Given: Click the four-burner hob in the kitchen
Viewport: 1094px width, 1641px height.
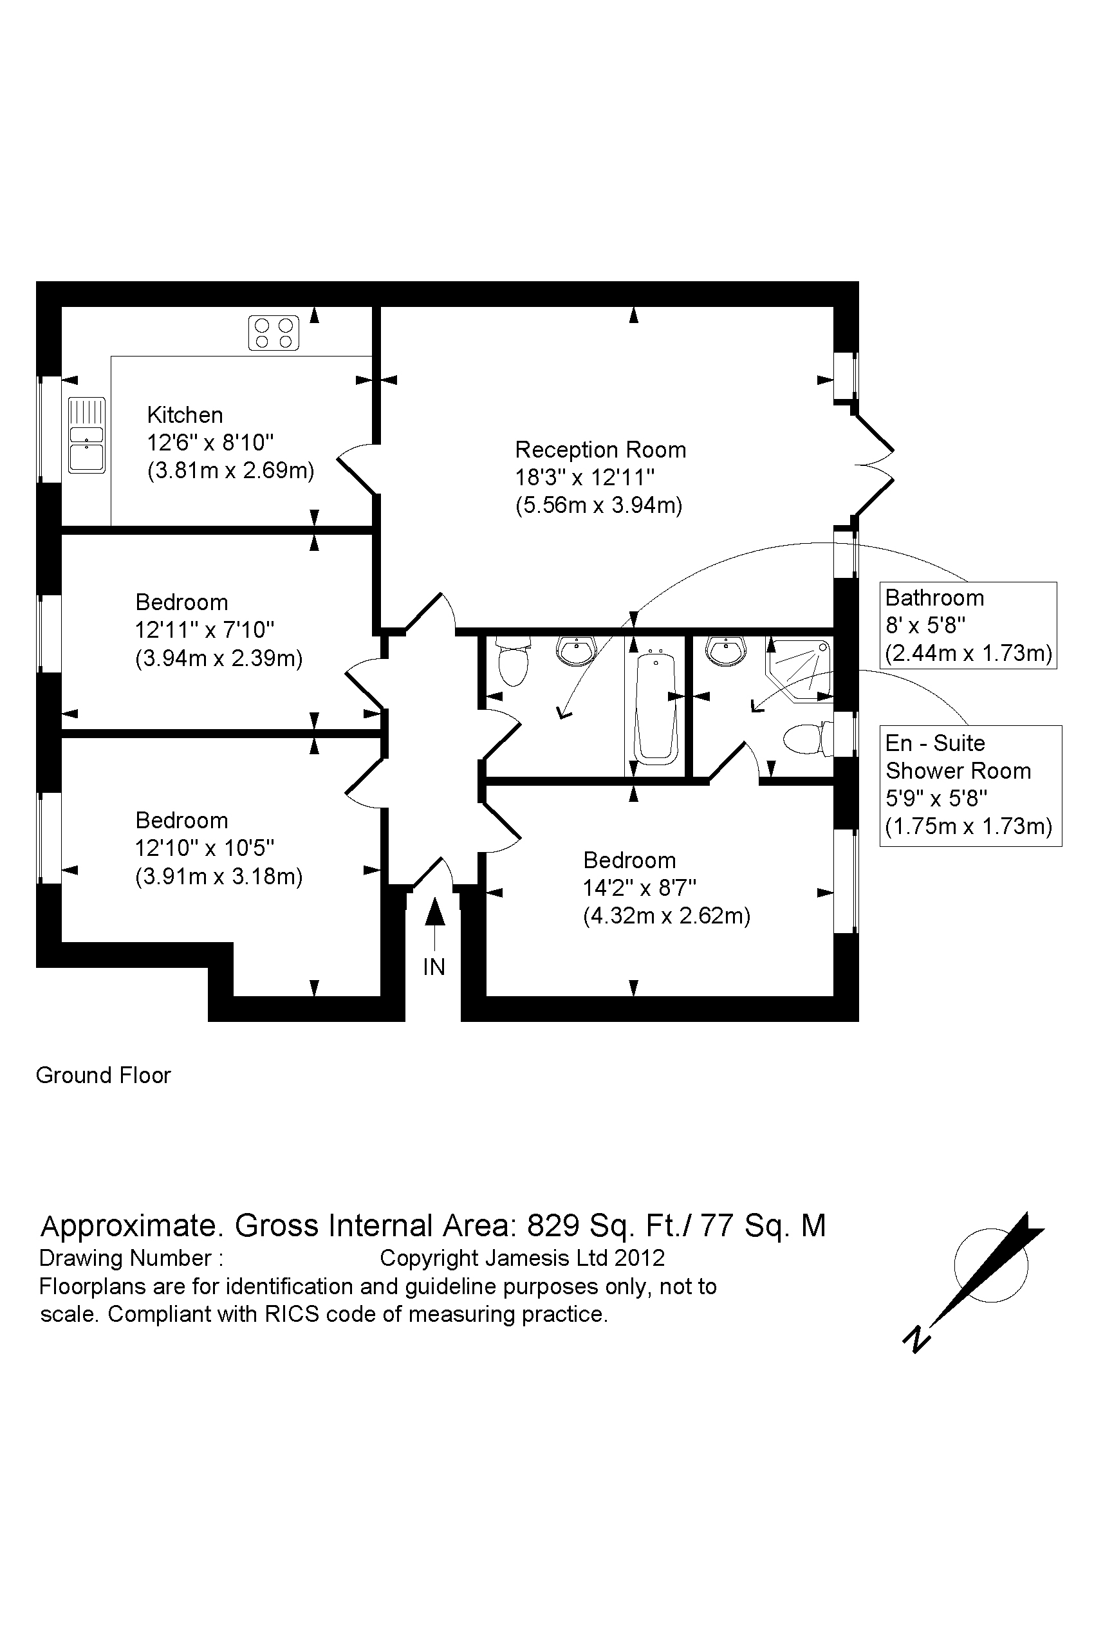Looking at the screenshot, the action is [x=273, y=333].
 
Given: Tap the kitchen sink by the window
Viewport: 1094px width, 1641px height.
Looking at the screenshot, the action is [x=86, y=436].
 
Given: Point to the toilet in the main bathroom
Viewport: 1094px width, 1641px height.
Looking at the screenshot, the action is [x=514, y=662].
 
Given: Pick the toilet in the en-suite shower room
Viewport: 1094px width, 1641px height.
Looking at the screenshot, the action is [x=808, y=738].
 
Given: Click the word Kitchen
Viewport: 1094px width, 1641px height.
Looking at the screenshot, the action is [x=185, y=415].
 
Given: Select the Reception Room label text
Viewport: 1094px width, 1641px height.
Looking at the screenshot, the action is [x=600, y=450].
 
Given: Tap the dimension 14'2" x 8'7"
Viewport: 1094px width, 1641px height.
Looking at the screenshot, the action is [x=640, y=888].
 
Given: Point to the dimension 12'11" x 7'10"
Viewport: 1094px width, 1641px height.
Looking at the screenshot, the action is [x=205, y=630].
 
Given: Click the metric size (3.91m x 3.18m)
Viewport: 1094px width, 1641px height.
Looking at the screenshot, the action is [x=219, y=876].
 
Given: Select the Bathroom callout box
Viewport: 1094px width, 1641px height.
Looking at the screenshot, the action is [x=968, y=625].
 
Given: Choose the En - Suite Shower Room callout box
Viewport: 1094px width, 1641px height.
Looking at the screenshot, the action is [x=970, y=786].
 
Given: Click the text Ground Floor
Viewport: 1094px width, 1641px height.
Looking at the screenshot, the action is [x=103, y=1075].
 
